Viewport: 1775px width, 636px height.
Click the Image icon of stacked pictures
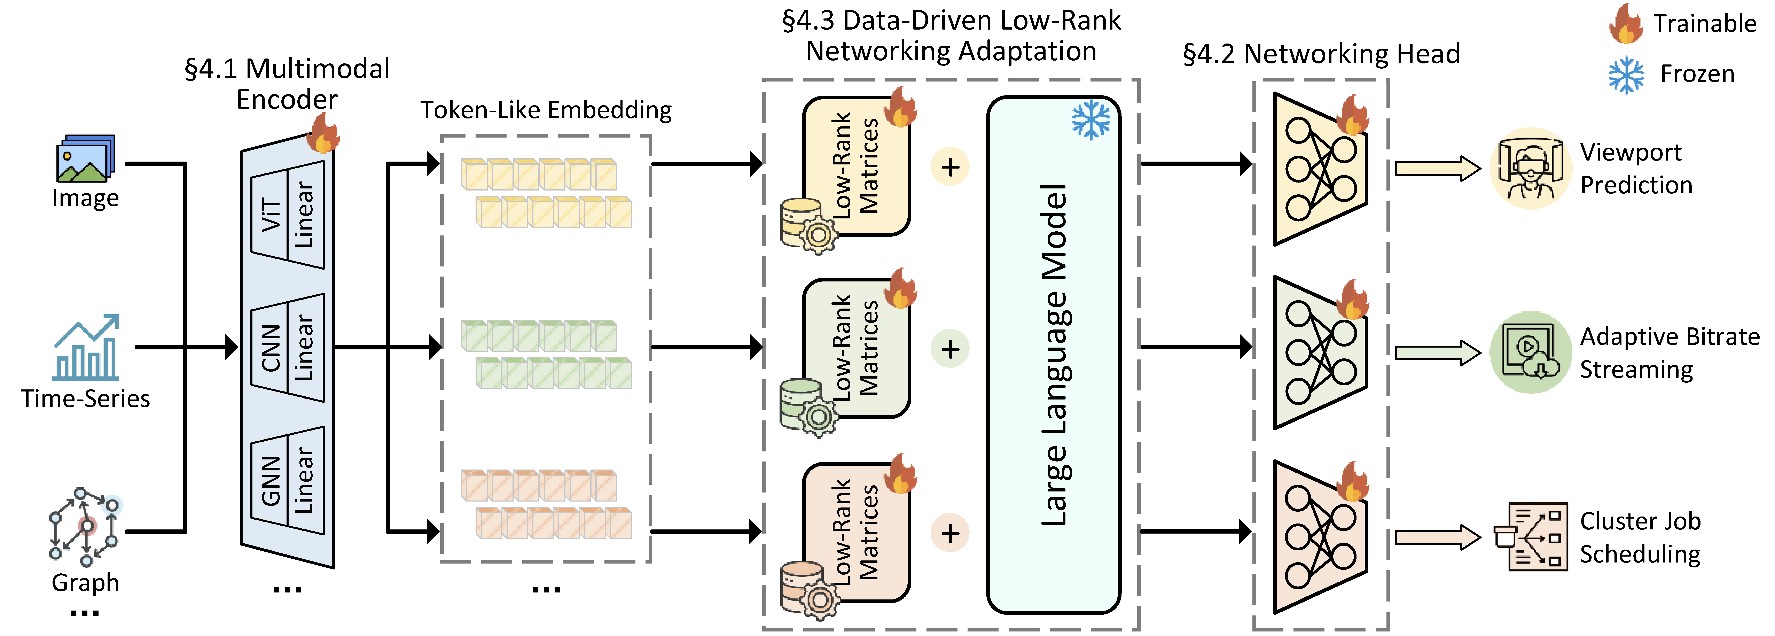(85, 158)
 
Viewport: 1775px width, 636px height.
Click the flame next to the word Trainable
(1626, 24)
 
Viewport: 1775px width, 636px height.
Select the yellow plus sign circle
(950, 167)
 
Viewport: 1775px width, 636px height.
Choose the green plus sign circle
(950, 349)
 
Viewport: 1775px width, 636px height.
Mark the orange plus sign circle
(950, 533)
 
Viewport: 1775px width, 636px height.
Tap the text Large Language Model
(1054, 355)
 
